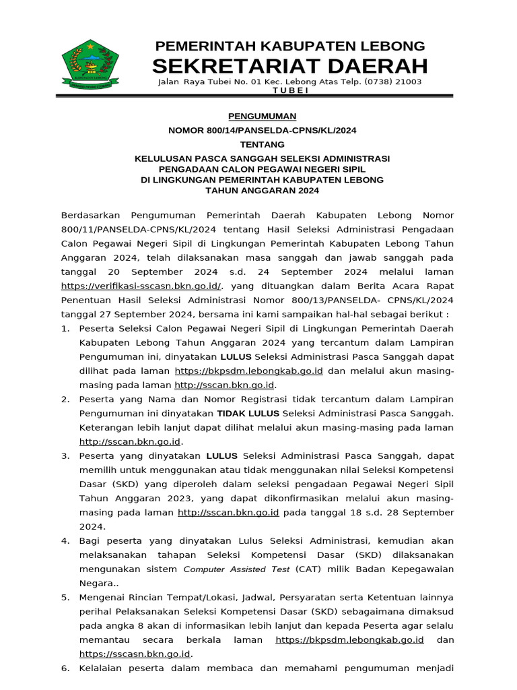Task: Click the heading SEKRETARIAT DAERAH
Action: click(x=289, y=66)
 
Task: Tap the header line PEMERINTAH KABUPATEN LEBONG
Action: click(x=290, y=46)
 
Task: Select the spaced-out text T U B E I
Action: click(x=289, y=90)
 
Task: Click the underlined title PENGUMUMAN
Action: click(x=262, y=116)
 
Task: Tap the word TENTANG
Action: click(x=262, y=144)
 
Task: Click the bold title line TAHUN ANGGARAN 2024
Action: click(x=262, y=191)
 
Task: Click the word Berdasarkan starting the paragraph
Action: click(x=90, y=215)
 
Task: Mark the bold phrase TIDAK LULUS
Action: click(x=250, y=412)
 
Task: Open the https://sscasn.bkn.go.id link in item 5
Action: click(x=135, y=654)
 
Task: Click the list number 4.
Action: click(x=65, y=540)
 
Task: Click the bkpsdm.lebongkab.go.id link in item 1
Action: click(x=248, y=371)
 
